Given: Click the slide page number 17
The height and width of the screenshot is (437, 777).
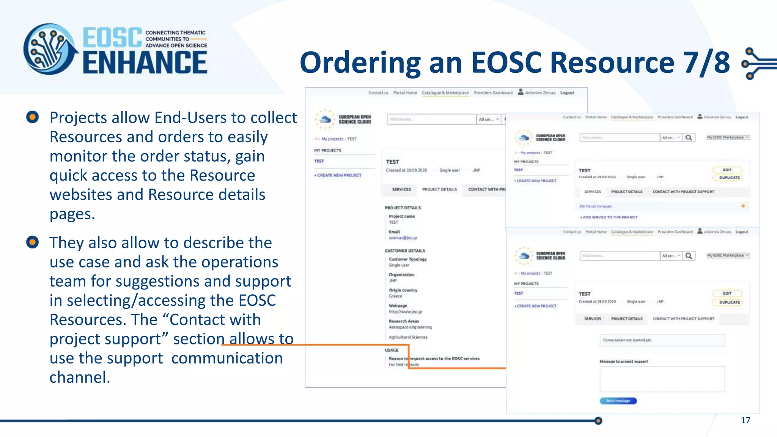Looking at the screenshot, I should (x=745, y=420).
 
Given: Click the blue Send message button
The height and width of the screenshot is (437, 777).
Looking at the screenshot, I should (x=618, y=401).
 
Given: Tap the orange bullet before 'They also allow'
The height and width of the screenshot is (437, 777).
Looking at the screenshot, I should (x=33, y=242).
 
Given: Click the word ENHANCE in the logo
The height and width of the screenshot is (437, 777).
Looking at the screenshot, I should (x=145, y=63).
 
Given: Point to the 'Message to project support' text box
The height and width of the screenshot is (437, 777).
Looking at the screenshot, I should (x=662, y=379).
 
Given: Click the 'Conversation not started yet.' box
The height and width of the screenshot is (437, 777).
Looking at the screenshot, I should (x=662, y=340).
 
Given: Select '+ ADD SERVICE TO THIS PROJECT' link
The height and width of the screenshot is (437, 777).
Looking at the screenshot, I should (x=609, y=217).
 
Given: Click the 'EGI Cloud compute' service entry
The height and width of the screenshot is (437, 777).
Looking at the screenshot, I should (x=595, y=206).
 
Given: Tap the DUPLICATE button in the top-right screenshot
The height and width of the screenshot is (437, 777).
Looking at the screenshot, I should (x=729, y=178).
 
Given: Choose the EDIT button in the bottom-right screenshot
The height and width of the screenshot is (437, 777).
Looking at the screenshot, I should (x=727, y=293).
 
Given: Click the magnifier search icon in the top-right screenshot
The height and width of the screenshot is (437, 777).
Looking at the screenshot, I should (x=689, y=138).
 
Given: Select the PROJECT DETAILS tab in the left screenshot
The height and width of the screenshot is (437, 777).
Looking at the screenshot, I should (x=439, y=189).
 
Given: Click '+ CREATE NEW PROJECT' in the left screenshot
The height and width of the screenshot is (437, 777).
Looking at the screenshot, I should (x=338, y=175).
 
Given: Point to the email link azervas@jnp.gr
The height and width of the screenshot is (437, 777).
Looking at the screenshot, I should (x=403, y=238).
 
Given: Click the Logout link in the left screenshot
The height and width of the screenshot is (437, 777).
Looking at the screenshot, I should (x=567, y=93).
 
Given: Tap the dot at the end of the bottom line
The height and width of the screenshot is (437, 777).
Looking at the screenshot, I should (x=598, y=421).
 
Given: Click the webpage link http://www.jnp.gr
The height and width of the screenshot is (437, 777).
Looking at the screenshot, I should (x=405, y=312).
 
